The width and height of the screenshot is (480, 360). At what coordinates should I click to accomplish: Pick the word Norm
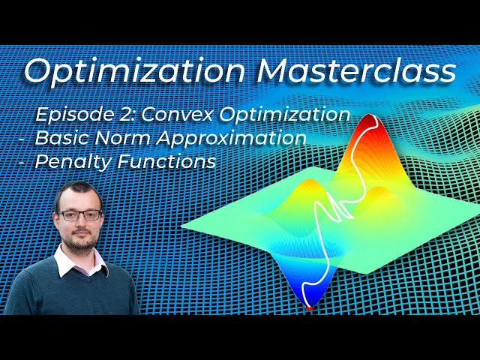[116, 138]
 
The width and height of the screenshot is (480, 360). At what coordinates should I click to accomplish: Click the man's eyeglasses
[79, 215]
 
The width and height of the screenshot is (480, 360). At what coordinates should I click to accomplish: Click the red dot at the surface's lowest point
[309, 307]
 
